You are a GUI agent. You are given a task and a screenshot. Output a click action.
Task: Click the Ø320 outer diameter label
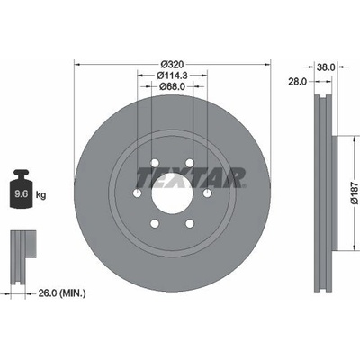click(x=172, y=64)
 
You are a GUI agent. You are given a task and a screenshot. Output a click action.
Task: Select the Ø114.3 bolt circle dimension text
click(x=172, y=76)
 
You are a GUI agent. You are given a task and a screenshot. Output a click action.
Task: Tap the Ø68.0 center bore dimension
click(x=172, y=86)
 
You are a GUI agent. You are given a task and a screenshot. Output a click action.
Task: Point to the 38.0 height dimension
click(x=326, y=67)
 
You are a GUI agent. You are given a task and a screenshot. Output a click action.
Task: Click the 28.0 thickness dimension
click(x=298, y=82)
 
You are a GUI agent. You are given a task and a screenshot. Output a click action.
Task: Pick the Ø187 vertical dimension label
click(x=355, y=193)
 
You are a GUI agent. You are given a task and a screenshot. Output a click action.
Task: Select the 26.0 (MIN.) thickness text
click(x=62, y=293)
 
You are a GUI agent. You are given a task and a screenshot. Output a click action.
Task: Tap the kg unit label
click(x=40, y=195)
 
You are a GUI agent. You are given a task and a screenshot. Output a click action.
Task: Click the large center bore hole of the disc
click(x=172, y=193)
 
